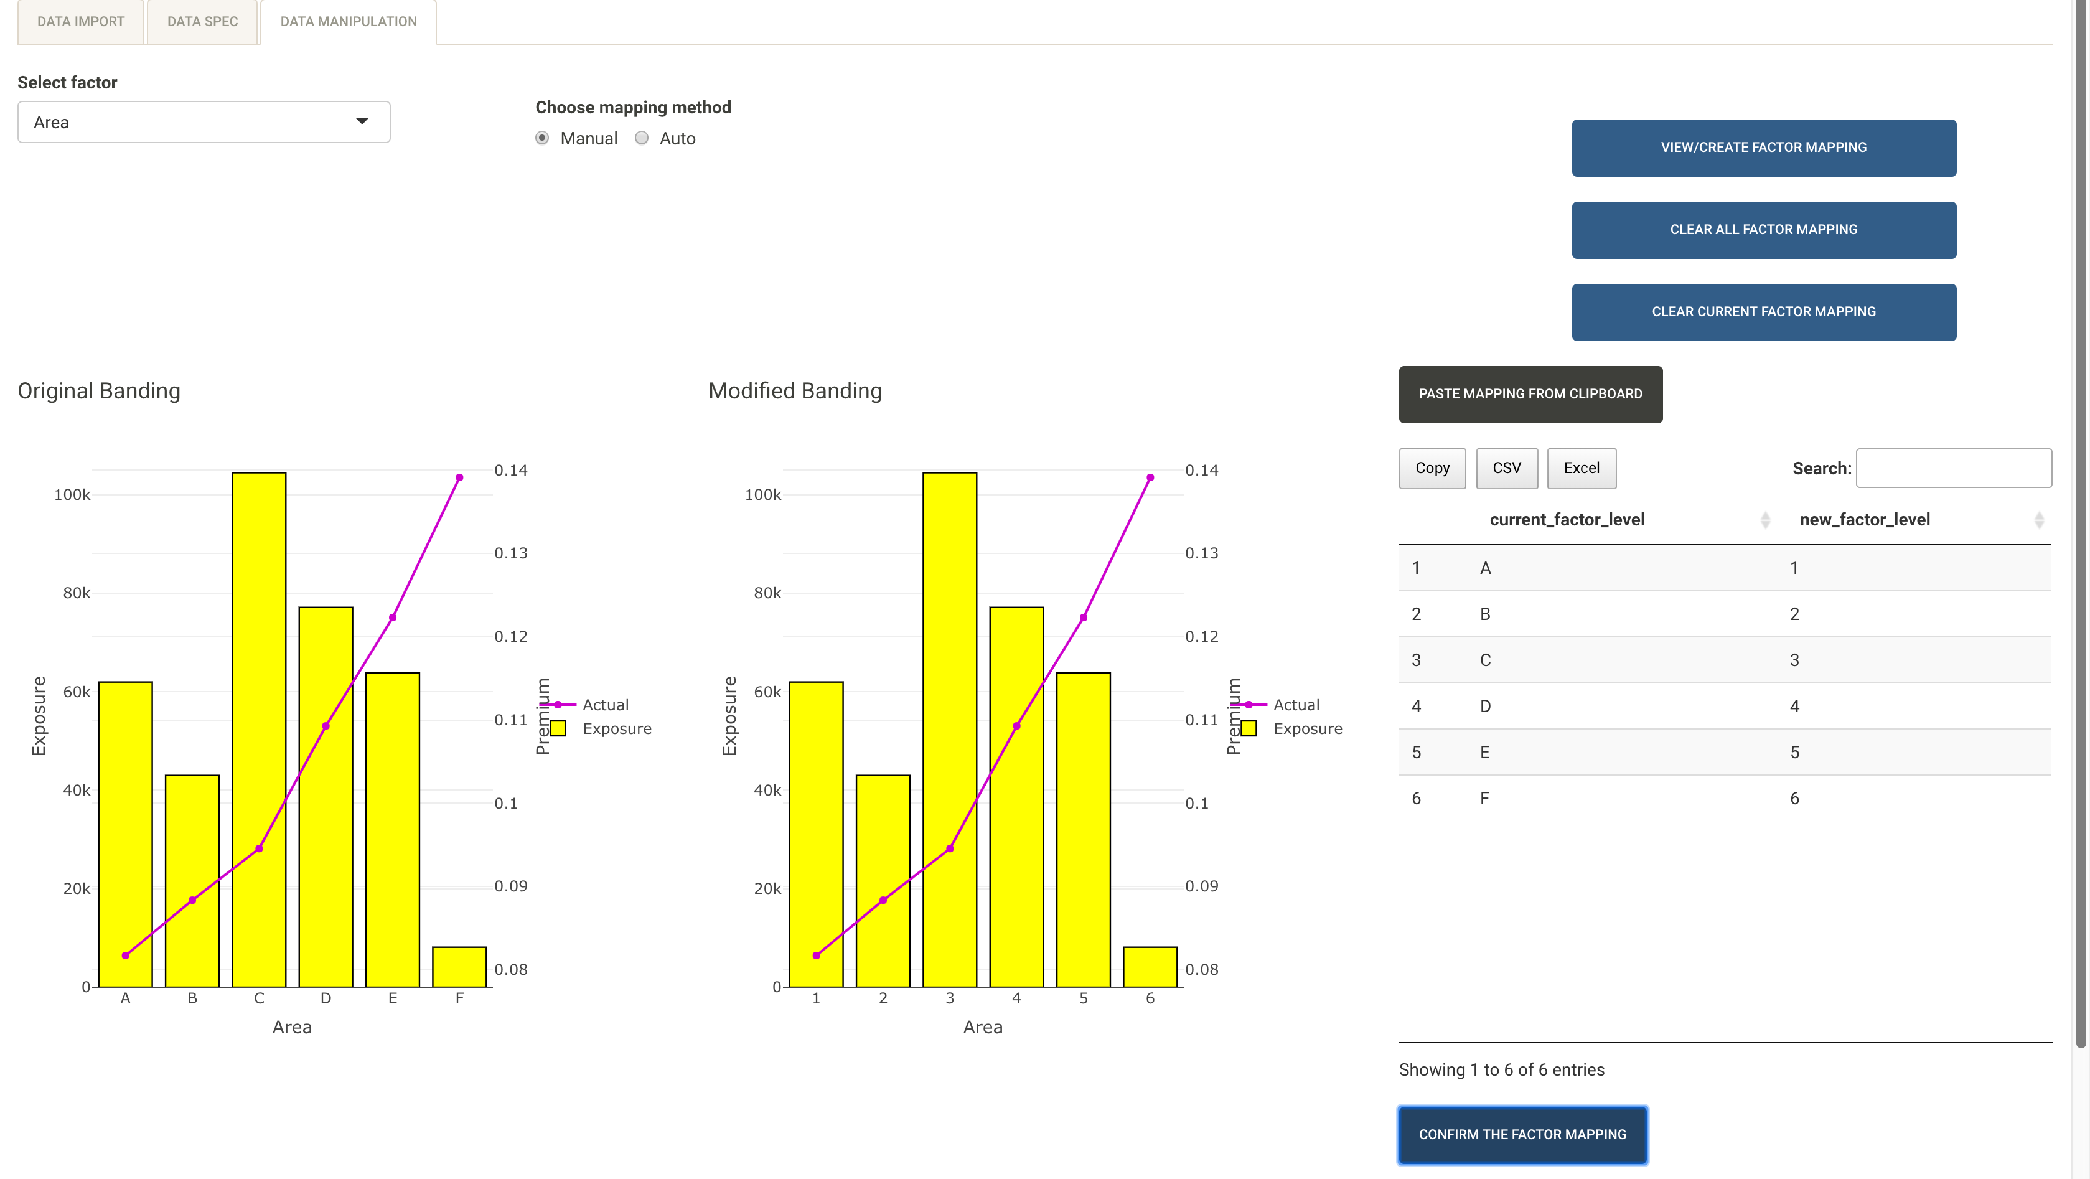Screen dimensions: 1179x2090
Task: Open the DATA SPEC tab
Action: pyautogui.click(x=202, y=22)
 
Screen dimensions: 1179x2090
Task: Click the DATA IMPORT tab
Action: pyautogui.click(x=80, y=22)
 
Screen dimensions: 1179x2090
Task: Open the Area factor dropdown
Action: pyautogui.click(x=204, y=122)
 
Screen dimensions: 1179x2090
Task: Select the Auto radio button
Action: pyautogui.click(x=642, y=138)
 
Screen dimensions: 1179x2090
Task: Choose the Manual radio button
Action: pyautogui.click(x=542, y=138)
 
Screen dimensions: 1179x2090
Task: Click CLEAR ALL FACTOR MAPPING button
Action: pyautogui.click(x=1763, y=230)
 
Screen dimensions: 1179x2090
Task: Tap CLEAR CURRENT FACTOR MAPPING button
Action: pyautogui.click(x=1763, y=312)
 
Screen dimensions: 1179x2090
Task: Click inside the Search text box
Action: pyautogui.click(x=1953, y=468)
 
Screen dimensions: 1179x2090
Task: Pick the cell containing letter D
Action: pyautogui.click(x=1485, y=706)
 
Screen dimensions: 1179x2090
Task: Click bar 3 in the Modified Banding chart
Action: pyautogui.click(x=949, y=730)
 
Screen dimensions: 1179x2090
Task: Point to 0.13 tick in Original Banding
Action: pyautogui.click(x=510, y=553)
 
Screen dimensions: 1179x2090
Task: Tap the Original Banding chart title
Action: pyautogui.click(x=99, y=391)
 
